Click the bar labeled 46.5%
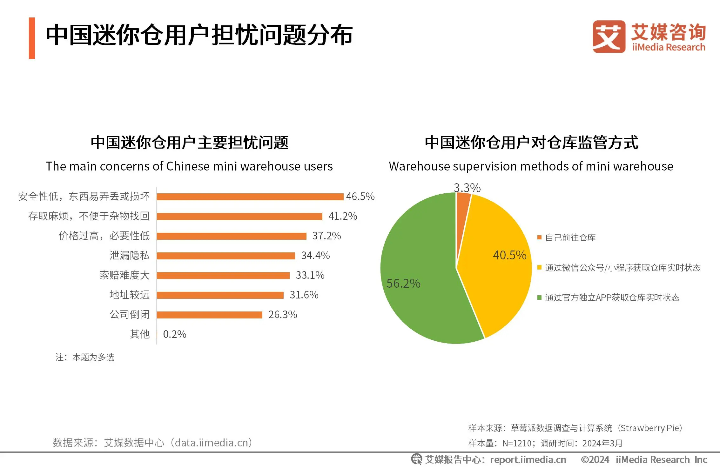[250, 197]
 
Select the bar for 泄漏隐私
[226, 256]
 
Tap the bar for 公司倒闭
[210, 315]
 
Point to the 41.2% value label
[343, 216]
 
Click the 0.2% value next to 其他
[174, 334]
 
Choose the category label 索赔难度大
[124, 275]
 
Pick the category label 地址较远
[129, 295]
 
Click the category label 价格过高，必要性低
[104, 236]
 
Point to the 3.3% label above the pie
[467, 188]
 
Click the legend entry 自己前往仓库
[570, 237]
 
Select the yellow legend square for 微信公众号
[539, 267]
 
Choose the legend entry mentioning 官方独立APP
[612, 298]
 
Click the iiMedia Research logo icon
[609, 37]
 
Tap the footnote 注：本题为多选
[85, 358]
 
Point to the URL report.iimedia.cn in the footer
[528, 460]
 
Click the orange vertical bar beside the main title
[32, 38]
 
